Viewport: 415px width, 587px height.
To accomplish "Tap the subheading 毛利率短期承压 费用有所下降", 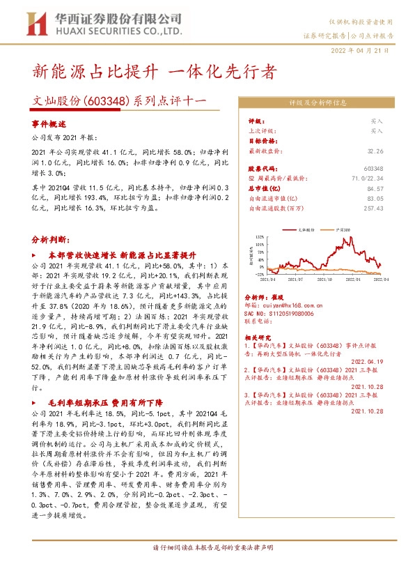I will pyautogui.click(x=105, y=404).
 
